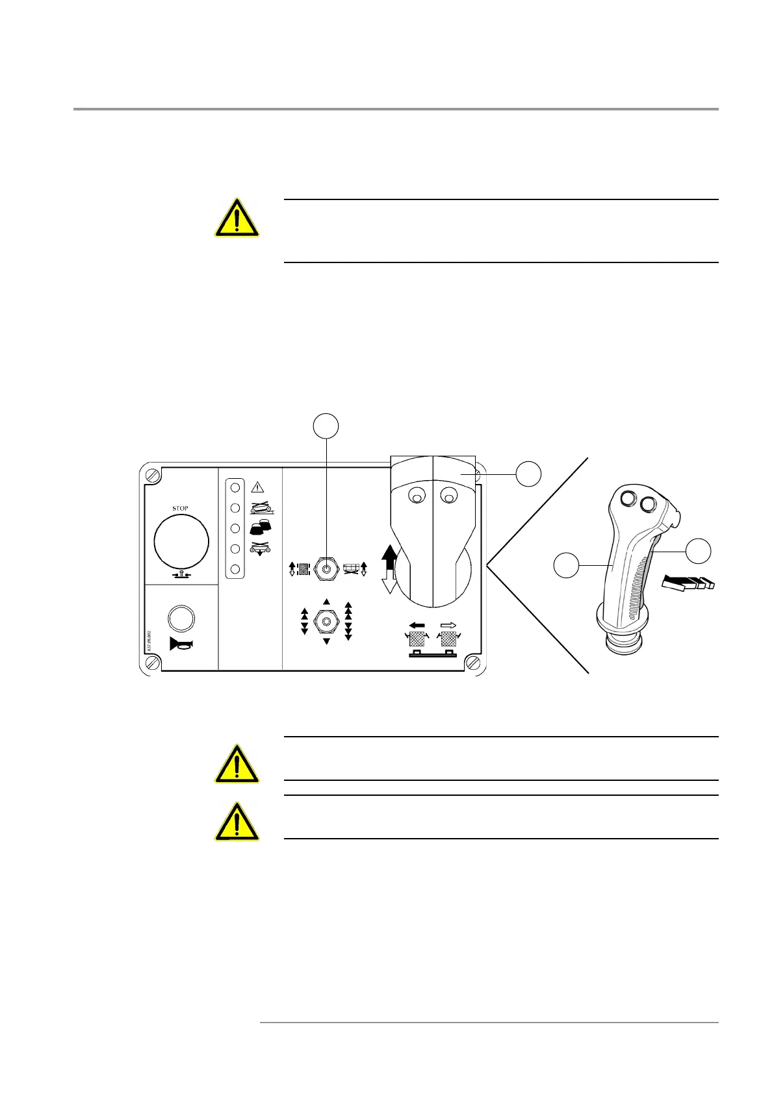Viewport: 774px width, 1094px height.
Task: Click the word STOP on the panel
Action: (180, 508)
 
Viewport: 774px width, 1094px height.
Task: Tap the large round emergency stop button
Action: (181, 541)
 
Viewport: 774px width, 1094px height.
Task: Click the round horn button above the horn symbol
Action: (181, 618)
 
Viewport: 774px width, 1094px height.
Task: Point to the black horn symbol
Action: (181, 644)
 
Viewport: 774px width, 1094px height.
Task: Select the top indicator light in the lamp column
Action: (236, 487)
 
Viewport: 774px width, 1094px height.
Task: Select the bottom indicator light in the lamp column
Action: (236, 569)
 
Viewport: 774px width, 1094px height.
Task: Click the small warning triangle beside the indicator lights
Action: (257, 487)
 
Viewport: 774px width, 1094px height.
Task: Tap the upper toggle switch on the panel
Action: (326, 568)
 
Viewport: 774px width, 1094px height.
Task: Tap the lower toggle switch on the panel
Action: (326, 622)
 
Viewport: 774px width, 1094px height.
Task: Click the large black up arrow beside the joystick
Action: (389, 556)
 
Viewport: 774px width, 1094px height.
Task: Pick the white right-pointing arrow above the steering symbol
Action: (448, 625)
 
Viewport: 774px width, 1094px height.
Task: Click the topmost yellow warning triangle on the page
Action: (237, 218)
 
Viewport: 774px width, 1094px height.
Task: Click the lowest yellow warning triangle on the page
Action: (237, 822)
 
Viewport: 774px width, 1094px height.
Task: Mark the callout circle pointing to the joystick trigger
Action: (699, 551)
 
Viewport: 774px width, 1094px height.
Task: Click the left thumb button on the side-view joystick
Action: (628, 499)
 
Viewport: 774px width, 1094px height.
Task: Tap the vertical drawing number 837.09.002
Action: (149, 641)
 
